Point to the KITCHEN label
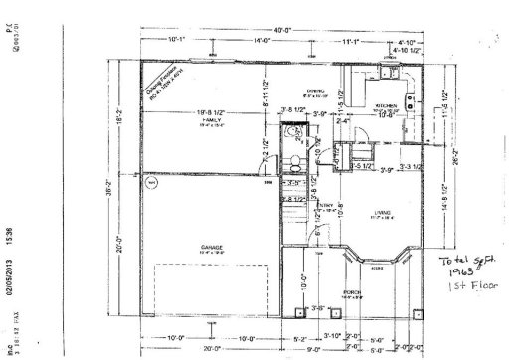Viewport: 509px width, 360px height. click(x=386, y=105)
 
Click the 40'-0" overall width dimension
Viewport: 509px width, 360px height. click(x=285, y=31)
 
